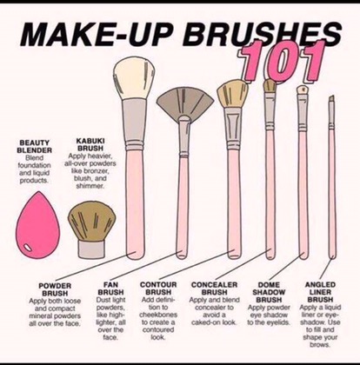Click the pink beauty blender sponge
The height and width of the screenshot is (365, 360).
click(x=37, y=226)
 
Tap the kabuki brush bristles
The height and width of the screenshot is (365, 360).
click(x=91, y=222)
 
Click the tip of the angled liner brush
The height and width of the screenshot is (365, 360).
click(x=333, y=96)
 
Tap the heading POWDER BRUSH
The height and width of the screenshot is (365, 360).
click(x=55, y=289)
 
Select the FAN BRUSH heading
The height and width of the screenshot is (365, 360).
click(x=110, y=289)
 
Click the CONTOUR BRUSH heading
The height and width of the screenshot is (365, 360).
click(x=158, y=289)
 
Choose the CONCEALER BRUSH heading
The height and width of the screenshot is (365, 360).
click(x=214, y=289)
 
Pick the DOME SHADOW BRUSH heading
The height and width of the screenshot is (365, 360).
click(x=269, y=292)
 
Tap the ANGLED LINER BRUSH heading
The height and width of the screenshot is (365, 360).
click(x=320, y=292)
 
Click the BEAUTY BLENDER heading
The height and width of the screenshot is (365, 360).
click(x=34, y=147)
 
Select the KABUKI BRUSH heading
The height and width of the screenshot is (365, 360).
click(x=90, y=144)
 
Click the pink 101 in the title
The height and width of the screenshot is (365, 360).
click(x=281, y=62)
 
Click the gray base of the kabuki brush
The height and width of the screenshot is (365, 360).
click(x=91, y=250)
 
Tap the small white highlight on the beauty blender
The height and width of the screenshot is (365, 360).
click(x=28, y=248)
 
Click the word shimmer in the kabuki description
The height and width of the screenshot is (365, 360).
click(x=90, y=186)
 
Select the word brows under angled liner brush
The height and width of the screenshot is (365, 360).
click(x=320, y=345)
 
